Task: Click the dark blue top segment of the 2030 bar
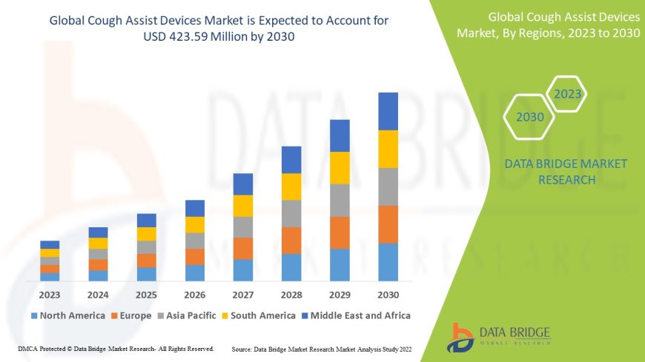click(x=388, y=111)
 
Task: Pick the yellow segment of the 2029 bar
click(x=340, y=167)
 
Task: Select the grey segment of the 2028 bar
click(x=291, y=213)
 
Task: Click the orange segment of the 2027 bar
click(x=242, y=248)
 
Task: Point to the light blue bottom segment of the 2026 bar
click(x=194, y=272)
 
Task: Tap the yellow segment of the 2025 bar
click(x=146, y=234)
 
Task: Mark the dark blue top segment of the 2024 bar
click(x=98, y=232)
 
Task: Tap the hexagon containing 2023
click(x=568, y=95)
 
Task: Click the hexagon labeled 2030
click(x=529, y=117)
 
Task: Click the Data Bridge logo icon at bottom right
click(x=461, y=337)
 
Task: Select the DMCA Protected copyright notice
click(x=116, y=348)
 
